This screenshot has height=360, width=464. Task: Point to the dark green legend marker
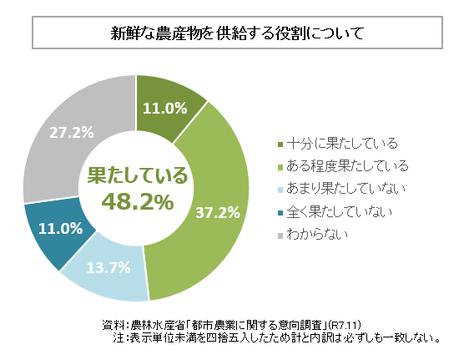[x=278, y=143]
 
